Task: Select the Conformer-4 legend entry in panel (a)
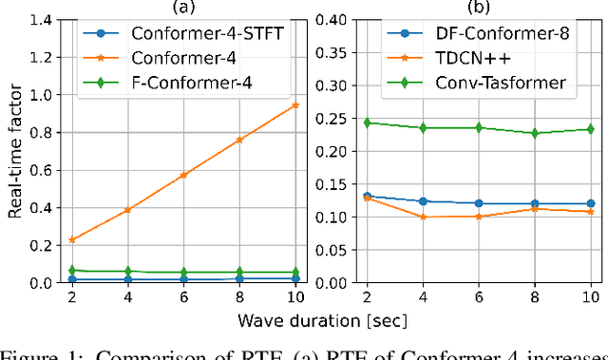coord(160,59)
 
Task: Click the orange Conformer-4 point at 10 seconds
coord(295,104)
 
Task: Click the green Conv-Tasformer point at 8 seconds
coord(535,134)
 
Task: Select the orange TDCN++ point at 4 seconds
coord(424,217)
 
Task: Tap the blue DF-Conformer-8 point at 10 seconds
coord(590,203)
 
